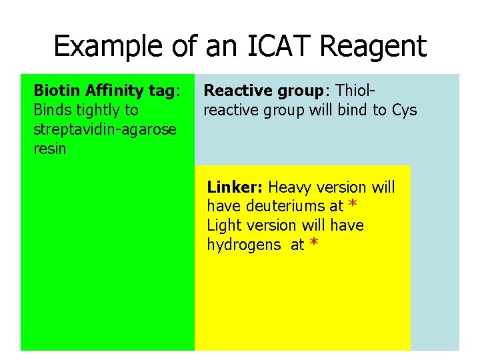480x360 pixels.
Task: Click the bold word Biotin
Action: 55,91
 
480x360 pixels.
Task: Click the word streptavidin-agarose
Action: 105,129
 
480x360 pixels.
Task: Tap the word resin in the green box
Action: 50,149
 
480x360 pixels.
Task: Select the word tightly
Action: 98,110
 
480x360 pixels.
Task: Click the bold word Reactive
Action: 231,91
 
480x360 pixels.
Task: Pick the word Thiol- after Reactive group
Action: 357,91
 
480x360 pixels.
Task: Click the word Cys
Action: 404,110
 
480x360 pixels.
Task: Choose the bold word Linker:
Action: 235,187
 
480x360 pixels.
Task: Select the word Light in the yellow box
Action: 223,226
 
